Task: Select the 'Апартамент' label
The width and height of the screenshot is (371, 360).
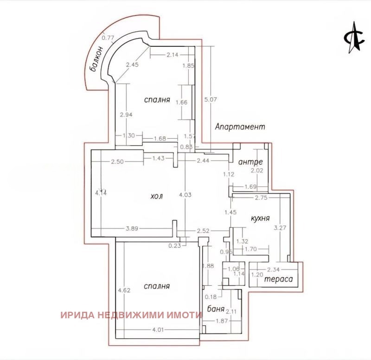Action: coord(240,127)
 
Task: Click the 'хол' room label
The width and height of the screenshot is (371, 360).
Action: coord(156,196)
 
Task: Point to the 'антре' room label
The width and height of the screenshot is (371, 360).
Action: coord(250,162)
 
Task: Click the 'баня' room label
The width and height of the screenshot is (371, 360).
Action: coord(216,309)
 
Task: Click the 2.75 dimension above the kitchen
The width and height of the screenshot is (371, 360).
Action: coord(262,198)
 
